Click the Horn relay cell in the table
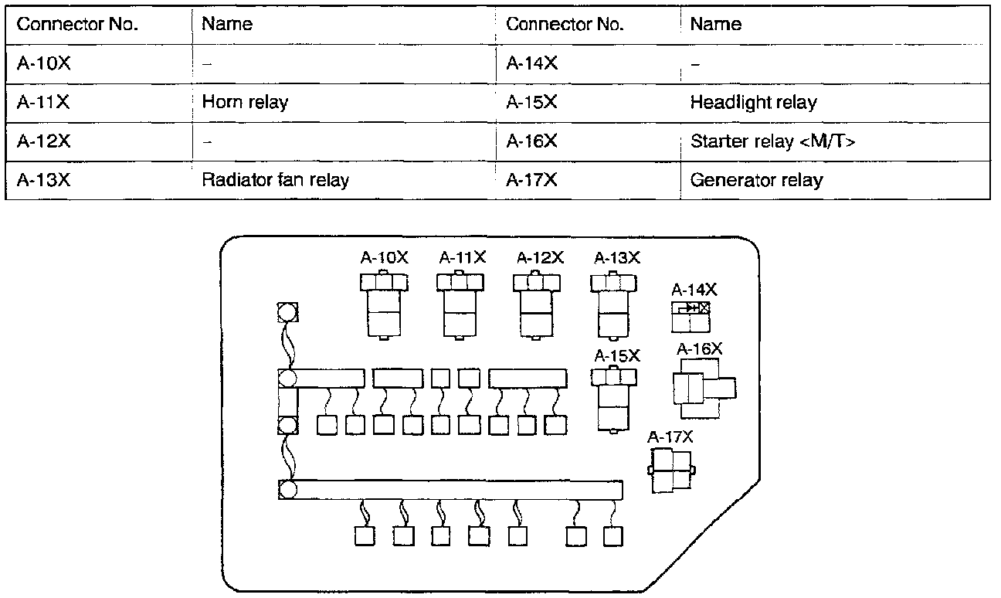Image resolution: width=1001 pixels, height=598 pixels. pos(244,102)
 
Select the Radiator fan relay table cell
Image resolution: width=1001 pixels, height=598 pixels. pos(275,181)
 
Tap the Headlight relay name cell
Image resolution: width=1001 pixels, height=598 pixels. pos(753,102)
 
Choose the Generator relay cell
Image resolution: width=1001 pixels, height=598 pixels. pos(756,181)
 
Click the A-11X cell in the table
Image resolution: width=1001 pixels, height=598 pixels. pos(43,102)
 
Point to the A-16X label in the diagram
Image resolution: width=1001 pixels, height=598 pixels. pos(700,349)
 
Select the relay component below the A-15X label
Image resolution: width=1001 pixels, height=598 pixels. pos(614,398)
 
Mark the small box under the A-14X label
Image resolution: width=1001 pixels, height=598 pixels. pos(691,316)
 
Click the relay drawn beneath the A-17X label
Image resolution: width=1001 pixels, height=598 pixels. pos(672,470)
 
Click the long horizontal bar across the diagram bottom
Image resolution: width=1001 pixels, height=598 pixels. pos(456,489)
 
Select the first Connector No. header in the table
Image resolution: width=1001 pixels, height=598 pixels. pos(77,24)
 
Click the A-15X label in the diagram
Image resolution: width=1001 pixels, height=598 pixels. pos(617,356)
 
